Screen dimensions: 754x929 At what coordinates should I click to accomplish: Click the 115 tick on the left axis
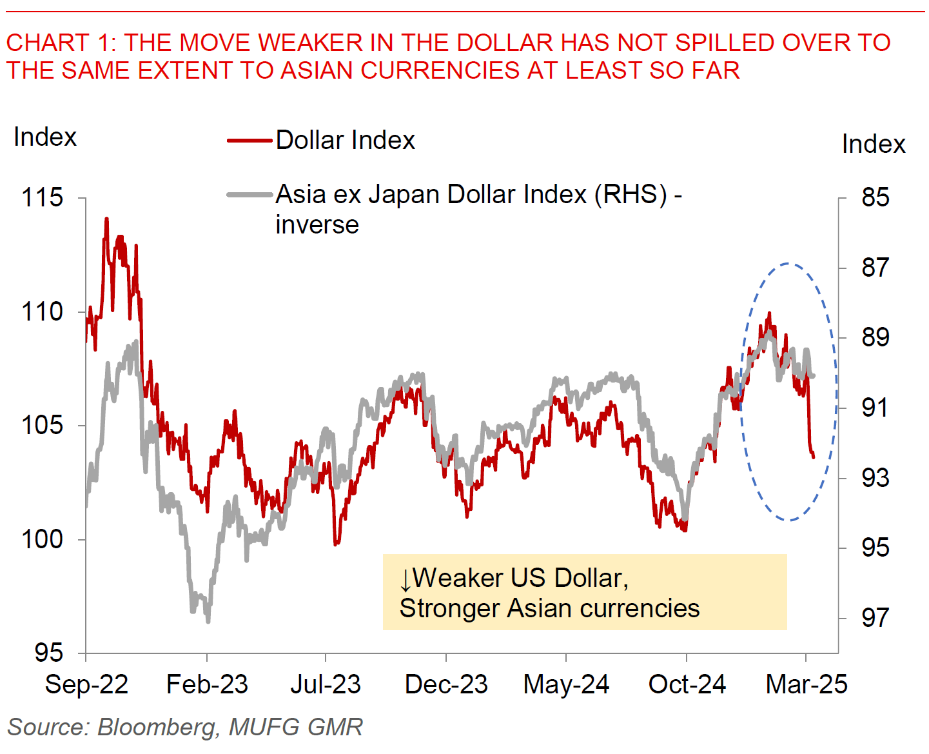click(x=43, y=197)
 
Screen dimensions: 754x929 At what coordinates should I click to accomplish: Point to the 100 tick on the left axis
click(x=43, y=539)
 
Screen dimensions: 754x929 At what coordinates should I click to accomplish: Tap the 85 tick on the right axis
click(x=875, y=197)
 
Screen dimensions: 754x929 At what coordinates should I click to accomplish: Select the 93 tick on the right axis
click(x=875, y=478)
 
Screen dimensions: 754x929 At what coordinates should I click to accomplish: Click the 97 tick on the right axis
click(x=875, y=618)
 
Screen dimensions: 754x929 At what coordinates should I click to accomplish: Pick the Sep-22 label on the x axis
click(x=86, y=684)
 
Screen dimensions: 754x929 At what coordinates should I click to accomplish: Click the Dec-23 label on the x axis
click(x=446, y=684)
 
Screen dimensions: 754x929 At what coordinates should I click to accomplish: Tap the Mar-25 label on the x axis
click(x=806, y=684)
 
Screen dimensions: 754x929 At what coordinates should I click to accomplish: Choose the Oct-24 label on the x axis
click(x=687, y=684)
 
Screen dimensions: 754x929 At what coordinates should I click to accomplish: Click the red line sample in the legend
click(x=249, y=141)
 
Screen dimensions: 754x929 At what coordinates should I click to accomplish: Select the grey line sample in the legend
click(x=249, y=195)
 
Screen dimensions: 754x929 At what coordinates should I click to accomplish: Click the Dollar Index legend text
click(x=346, y=141)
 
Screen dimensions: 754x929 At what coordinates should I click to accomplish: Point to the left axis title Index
click(x=45, y=137)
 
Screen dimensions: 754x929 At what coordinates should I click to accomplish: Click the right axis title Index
click(x=874, y=144)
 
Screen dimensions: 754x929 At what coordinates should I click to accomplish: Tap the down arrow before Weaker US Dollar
click(x=405, y=579)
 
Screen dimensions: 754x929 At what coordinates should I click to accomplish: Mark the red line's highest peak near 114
click(x=106, y=219)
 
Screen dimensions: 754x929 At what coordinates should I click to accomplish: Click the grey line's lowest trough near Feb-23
click(x=208, y=621)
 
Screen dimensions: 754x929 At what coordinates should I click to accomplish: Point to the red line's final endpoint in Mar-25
click(x=814, y=457)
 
